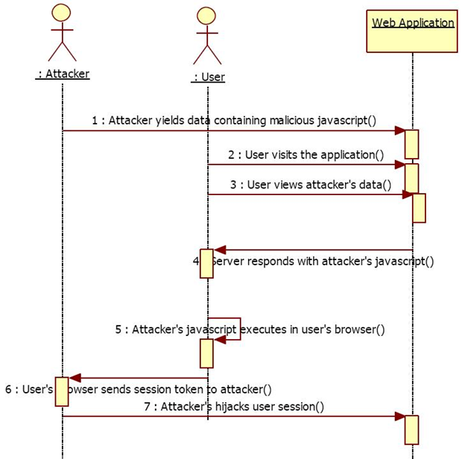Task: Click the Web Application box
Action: coord(411,31)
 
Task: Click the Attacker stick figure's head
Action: coord(62,13)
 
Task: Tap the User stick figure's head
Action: coord(207,16)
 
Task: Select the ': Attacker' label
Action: coord(63,74)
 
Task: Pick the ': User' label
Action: coord(208,77)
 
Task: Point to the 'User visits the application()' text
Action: coord(306,154)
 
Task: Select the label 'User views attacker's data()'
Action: coord(310,185)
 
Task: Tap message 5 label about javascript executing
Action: coord(250,329)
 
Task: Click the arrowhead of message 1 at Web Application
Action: coord(399,131)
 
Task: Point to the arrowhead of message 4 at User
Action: coord(219,250)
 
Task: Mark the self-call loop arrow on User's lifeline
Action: coord(231,330)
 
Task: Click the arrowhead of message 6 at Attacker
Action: coord(74,378)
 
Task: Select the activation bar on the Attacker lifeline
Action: coord(62,391)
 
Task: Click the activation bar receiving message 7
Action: coord(411,429)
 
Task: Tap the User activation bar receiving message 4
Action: coord(206,263)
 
